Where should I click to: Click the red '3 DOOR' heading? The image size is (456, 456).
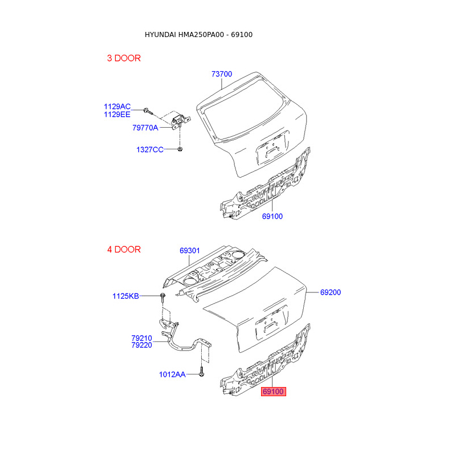click(x=124, y=58)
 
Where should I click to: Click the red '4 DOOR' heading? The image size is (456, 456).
click(x=124, y=250)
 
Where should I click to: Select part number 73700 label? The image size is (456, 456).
click(x=222, y=74)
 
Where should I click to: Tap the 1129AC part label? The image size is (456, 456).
click(x=117, y=107)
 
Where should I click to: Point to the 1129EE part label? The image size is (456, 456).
click(x=117, y=115)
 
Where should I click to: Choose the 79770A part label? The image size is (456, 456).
click(x=145, y=128)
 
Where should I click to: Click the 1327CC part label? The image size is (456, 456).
click(x=149, y=149)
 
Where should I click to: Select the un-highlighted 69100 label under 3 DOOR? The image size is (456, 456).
click(x=272, y=217)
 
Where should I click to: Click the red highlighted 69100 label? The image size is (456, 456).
click(x=272, y=392)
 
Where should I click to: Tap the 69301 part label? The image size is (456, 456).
click(x=190, y=251)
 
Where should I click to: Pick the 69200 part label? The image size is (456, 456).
click(x=331, y=292)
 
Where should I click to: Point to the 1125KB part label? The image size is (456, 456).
click(x=125, y=296)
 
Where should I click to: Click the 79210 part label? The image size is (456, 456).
click(x=141, y=338)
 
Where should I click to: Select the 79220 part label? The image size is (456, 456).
click(x=141, y=345)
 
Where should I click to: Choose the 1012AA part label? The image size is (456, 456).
click(x=172, y=374)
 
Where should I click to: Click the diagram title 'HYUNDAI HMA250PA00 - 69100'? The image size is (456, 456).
click(x=198, y=35)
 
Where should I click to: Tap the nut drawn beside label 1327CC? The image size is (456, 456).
click(x=180, y=149)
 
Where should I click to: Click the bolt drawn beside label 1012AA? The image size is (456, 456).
click(x=202, y=374)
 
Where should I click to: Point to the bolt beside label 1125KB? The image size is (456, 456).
click(x=163, y=296)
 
